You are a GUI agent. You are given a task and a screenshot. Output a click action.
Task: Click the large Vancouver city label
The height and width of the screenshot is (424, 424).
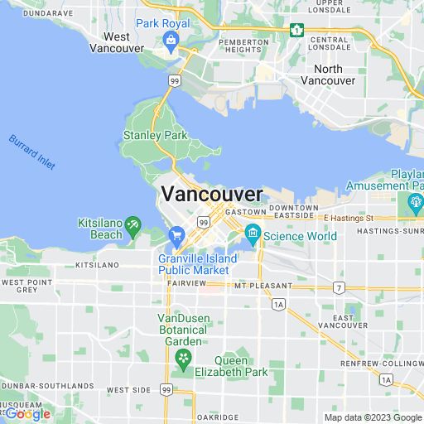coord(212,194)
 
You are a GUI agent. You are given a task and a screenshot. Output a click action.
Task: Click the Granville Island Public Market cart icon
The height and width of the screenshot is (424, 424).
coord(176,236)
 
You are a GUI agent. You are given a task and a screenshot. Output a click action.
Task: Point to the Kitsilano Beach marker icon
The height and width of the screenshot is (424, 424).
coord(133,224)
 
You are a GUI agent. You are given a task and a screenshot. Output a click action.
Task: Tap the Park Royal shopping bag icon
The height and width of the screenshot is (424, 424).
coord(171,41)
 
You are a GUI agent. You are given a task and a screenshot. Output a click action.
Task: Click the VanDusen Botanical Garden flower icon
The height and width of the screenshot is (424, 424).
coord(182,359)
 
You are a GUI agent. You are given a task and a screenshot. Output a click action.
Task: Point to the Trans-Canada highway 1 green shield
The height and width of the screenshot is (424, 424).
coord(296,30)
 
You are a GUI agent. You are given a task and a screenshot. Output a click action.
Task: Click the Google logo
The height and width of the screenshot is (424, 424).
coord(26,413)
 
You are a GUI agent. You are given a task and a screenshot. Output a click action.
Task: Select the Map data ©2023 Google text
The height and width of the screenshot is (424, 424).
coord(373,418)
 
